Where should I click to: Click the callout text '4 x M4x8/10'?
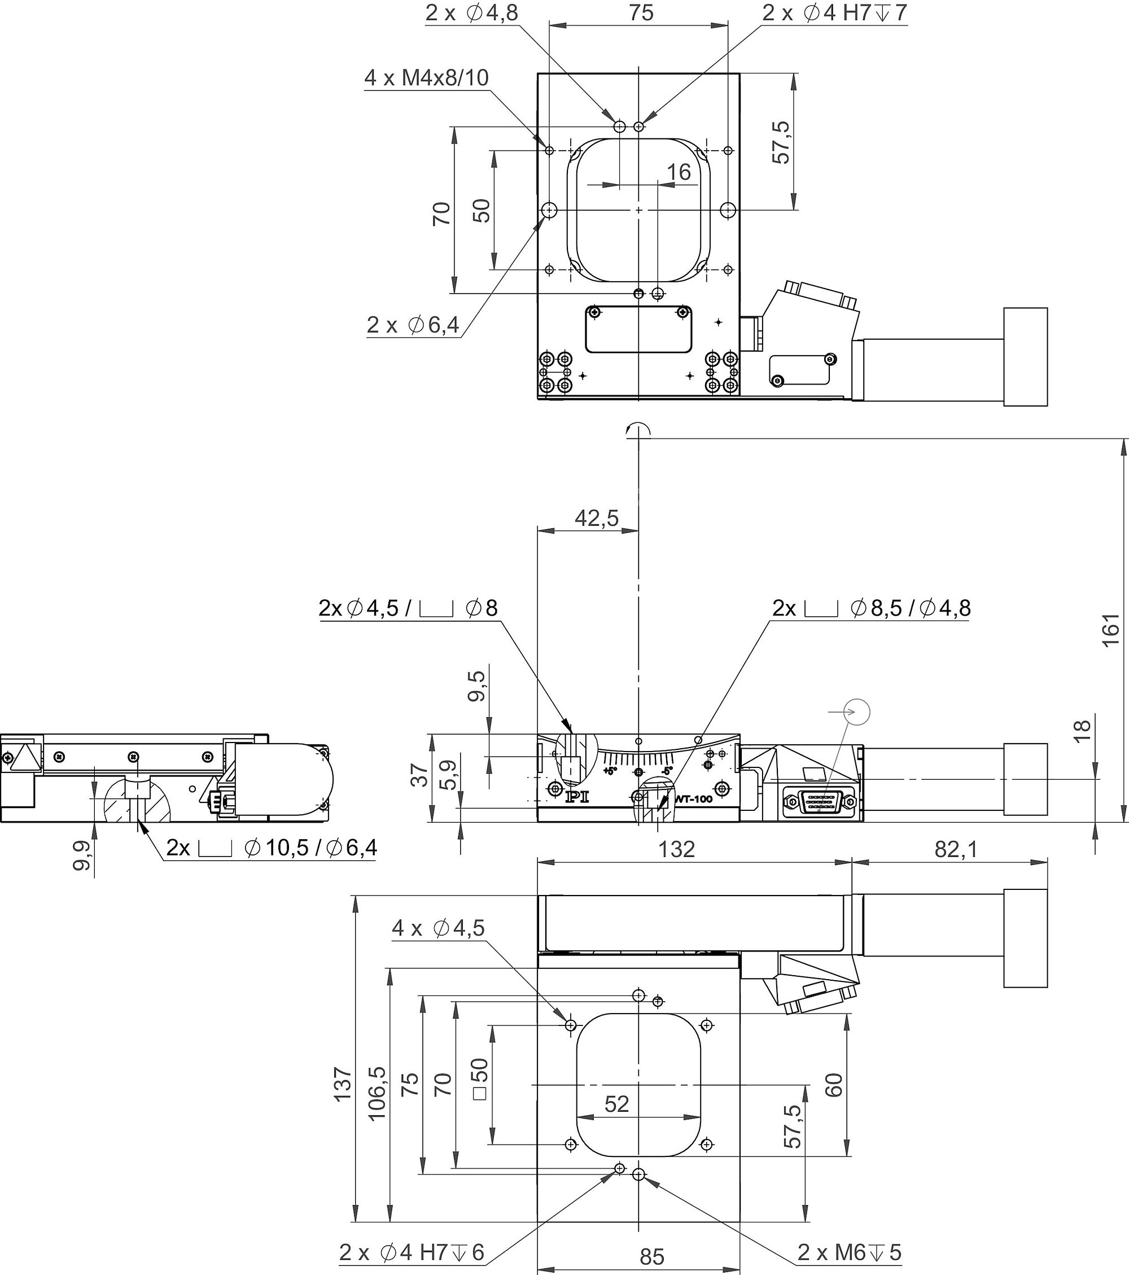[426, 78]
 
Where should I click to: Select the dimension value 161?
[1111, 631]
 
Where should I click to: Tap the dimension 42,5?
[596, 518]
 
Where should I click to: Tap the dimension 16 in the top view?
[679, 172]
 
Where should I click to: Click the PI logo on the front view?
[576, 797]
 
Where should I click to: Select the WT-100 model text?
[694, 799]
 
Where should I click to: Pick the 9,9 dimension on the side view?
[81, 855]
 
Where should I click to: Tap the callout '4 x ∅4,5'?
[438, 928]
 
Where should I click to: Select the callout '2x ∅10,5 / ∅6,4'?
[272, 848]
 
